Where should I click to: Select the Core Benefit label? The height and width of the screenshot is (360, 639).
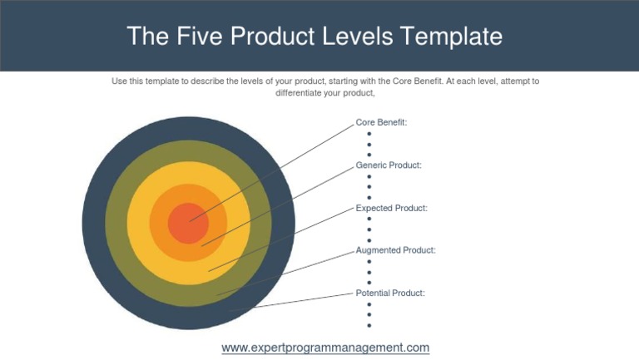[x=381, y=122]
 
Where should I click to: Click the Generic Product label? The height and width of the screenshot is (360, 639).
[x=389, y=165]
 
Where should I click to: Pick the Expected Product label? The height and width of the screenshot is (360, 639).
[x=391, y=208]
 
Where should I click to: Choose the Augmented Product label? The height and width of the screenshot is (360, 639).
[x=395, y=250]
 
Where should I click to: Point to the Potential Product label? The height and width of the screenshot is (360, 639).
[x=390, y=293]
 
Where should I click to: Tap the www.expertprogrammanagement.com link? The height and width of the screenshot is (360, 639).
[x=325, y=348]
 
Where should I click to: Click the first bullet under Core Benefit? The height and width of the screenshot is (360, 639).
[x=369, y=134]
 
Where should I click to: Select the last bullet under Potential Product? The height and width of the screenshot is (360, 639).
[x=369, y=325]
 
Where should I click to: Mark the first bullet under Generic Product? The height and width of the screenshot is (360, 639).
[x=369, y=176]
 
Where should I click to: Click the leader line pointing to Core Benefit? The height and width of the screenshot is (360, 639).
[x=275, y=170]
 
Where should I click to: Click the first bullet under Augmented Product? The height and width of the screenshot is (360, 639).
[x=369, y=262]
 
